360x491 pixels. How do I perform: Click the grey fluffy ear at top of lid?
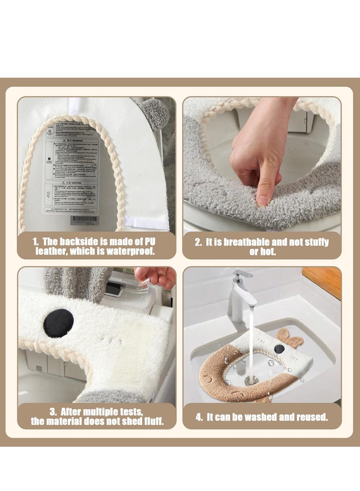(153, 114)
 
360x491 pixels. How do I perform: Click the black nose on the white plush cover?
(58, 323)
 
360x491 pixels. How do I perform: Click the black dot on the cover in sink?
(280, 349)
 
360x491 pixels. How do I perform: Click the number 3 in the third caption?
(53, 411)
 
